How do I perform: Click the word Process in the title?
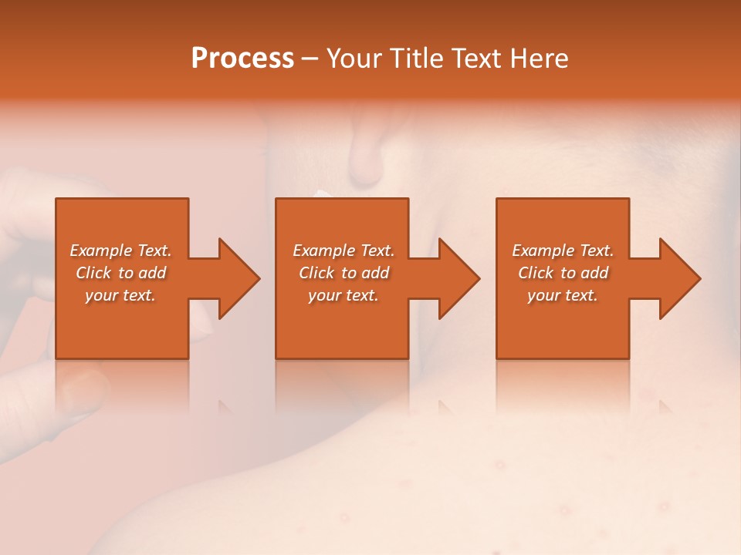(242, 58)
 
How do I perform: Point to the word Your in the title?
(356, 58)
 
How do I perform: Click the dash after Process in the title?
(310, 59)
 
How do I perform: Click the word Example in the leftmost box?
(100, 251)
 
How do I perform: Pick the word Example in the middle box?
(323, 251)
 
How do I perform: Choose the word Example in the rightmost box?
(543, 251)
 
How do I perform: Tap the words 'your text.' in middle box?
(343, 295)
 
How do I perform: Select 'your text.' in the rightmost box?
(563, 295)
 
